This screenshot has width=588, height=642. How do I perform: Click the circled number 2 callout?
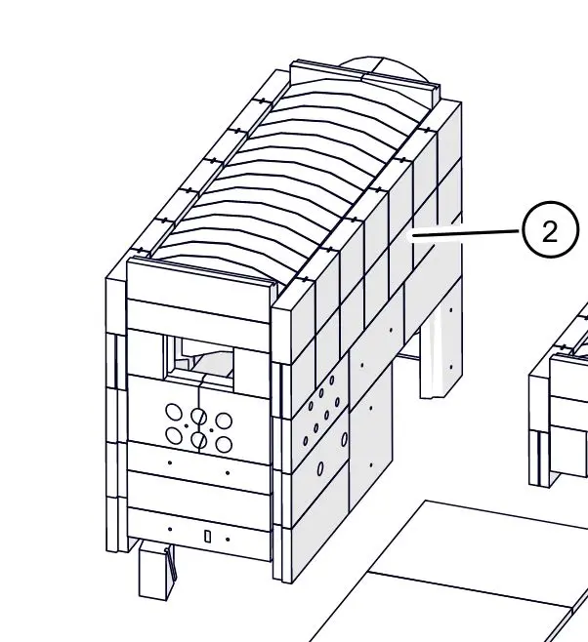[x=551, y=229]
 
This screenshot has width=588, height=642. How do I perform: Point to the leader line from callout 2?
[x=466, y=233]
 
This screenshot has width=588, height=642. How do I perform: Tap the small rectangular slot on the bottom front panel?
[x=208, y=536]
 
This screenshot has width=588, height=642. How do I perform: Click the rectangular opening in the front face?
[x=200, y=359]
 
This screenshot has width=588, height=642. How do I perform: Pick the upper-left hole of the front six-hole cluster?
[x=174, y=412]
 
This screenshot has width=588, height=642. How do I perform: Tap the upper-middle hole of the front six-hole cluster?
[x=198, y=417]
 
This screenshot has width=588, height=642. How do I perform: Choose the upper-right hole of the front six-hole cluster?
[x=224, y=421]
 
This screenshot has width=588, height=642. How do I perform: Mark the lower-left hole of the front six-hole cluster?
[x=174, y=435]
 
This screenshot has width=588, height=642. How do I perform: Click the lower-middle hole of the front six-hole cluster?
[x=198, y=440]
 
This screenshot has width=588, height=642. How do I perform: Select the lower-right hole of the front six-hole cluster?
[x=224, y=445]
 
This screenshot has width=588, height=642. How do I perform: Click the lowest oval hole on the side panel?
[x=320, y=468]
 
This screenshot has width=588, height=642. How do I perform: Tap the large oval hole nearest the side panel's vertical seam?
[x=344, y=439]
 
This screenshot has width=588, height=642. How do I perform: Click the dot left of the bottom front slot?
[x=170, y=529]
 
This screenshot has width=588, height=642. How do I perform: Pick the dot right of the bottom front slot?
[x=228, y=540]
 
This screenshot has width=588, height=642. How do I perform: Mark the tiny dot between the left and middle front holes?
[x=187, y=425]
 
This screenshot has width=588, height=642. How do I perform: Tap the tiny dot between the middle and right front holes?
[x=211, y=430]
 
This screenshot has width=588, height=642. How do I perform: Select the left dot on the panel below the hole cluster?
[x=170, y=462]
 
